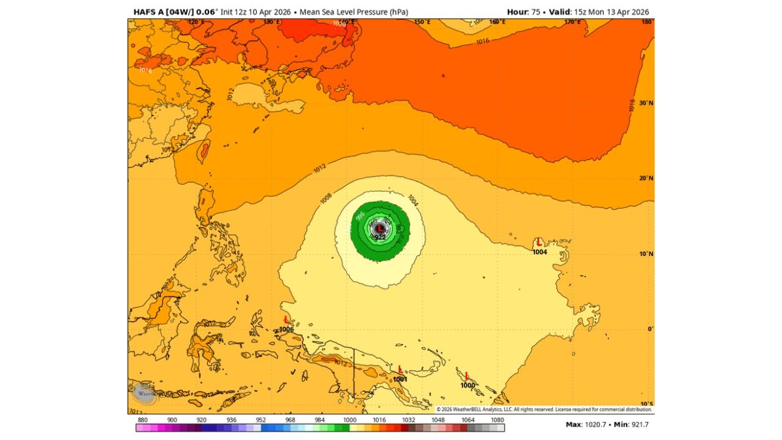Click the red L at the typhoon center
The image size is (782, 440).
click(x=380, y=229)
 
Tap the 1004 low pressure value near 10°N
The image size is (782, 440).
click(x=539, y=252)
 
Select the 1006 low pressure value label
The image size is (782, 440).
click(x=287, y=329)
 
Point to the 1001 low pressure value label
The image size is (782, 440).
click(x=400, y=379)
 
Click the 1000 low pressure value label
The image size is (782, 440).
click(x=467, y=385)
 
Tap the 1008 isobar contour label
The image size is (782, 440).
click(x=326, y=198)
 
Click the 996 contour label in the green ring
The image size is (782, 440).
click(x=360, y=216)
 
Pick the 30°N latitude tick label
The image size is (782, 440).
click(x=646, y=103)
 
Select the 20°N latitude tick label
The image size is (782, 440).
click(x=646, y=178)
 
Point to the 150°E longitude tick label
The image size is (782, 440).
click(x=422, y=22)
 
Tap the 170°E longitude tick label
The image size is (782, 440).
click(x=572, y=22)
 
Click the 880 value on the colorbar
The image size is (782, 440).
click(x=143, y=420)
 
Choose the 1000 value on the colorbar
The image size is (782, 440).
click(x=350, y=420)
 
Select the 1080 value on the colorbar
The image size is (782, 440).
click(x=497, y=420)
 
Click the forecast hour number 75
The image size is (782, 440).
click(x=536, y=12)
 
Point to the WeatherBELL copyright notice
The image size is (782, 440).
click(x=544, y=409)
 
